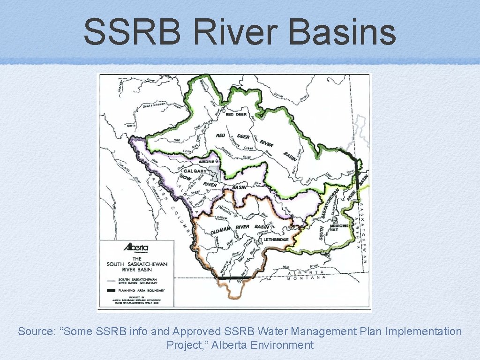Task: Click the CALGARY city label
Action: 195,171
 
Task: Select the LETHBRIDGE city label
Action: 276,240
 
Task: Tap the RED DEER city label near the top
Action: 236,114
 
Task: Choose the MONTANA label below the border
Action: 307,277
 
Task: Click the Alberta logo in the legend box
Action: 135,248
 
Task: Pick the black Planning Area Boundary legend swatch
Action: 111,291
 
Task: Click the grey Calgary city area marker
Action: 216,174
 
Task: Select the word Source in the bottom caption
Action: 37,332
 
